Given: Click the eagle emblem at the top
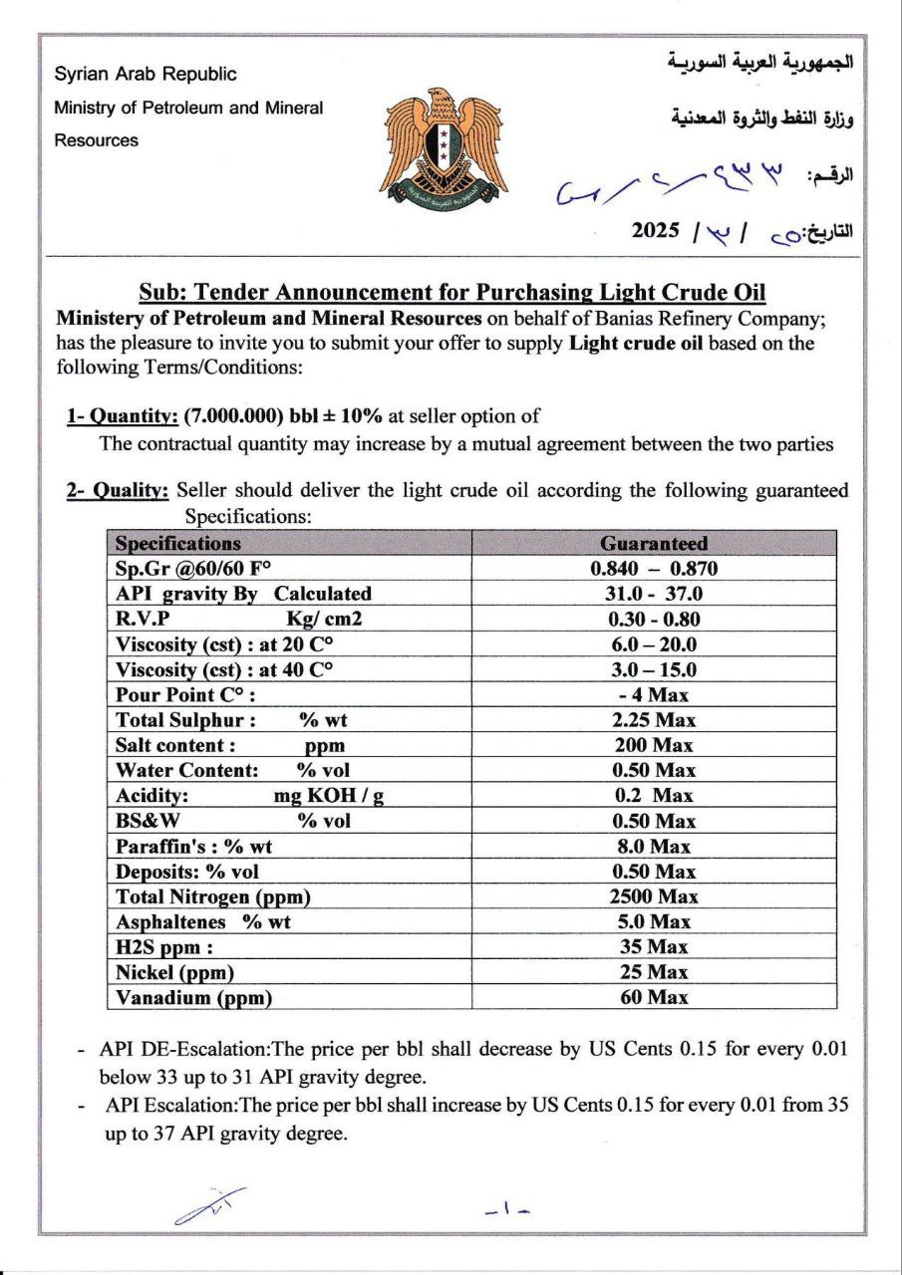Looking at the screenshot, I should pos(443,141).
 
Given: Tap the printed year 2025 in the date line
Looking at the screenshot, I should pos(656,231).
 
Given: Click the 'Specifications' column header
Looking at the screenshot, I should pos(178,544).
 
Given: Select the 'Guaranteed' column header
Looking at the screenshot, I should pos(654,544).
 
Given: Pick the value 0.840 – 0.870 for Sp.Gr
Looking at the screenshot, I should pos(654,569).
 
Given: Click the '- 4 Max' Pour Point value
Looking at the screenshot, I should pos(654,694).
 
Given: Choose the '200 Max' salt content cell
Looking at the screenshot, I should pos(654,745).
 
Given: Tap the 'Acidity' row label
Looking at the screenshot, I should pos(152,796).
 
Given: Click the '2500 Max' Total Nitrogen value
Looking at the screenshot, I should pos(654,896).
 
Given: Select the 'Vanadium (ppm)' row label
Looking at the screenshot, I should pos(194,997).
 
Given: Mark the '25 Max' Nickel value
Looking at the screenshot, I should pos(654,972).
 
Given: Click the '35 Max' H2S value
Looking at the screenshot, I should pos(654,947).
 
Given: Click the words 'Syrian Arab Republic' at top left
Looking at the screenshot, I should pos(146,75).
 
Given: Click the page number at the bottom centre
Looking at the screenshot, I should pos(506,1210).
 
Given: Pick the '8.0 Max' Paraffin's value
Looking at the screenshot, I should pos(654,847).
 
